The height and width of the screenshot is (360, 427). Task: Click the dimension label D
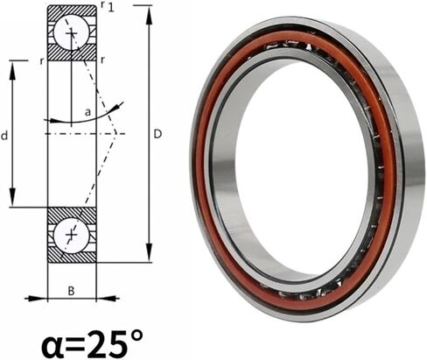pos(157,134)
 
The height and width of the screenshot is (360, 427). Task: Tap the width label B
pos(71,291)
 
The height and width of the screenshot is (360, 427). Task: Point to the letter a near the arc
pos(87,112)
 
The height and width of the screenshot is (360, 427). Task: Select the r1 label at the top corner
pos(107,6)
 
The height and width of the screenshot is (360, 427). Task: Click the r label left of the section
pos(42,61)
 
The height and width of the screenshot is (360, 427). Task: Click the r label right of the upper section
pos(102,60)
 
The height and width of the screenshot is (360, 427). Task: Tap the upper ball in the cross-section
pos(71,33)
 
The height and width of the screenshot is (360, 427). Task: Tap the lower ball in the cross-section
pos(71,235)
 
